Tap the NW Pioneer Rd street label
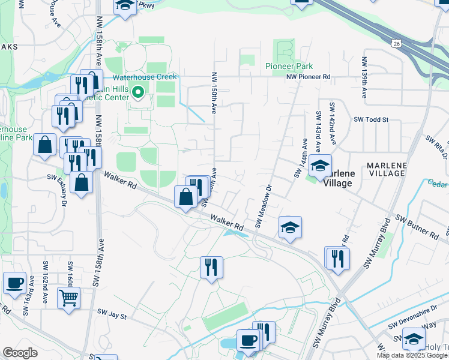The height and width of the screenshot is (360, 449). click(308, 77)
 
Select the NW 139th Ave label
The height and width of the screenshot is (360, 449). click(364, 78)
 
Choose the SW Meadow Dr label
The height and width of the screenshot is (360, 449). click(264, 206)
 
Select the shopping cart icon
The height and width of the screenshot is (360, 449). click(69, 297)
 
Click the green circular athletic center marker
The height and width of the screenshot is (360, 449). click(137, 92)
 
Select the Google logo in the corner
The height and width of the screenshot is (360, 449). click(20, 353)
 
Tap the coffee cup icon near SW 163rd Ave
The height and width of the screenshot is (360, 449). click(14, 282)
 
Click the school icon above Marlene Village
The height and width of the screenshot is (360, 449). click(321, 165)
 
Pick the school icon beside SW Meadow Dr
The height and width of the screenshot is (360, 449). click(290, 227)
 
